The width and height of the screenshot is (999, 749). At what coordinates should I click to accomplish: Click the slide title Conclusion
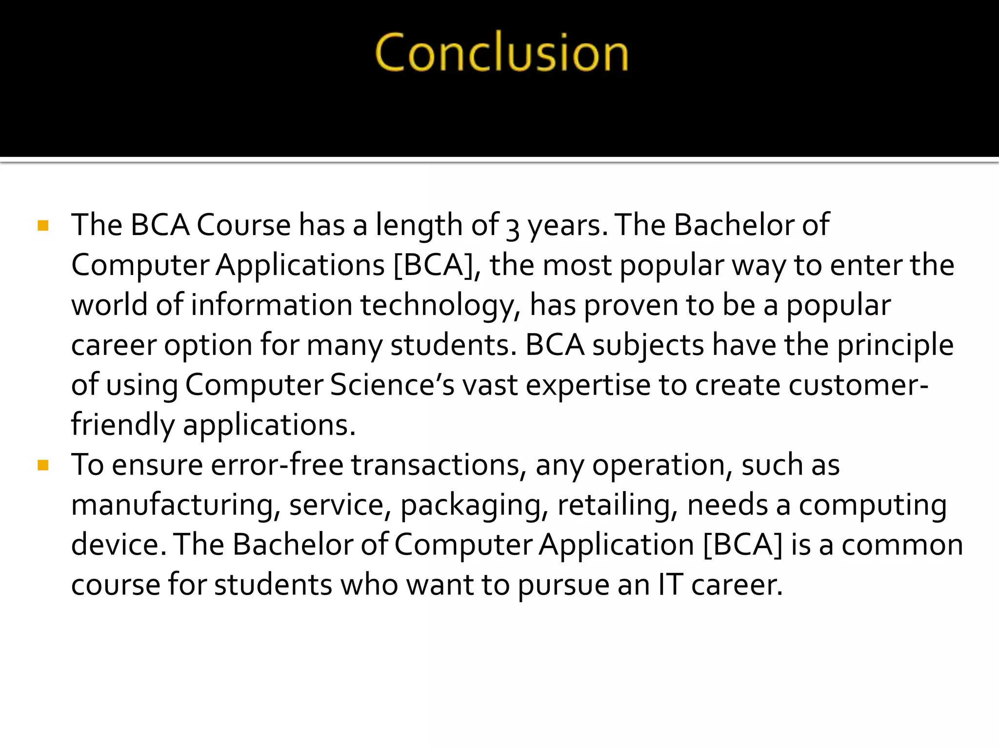click(501, 53)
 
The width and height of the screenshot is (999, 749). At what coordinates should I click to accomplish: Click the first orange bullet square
click(43, 226)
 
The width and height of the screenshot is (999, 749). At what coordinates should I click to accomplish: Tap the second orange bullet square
click(43, 465)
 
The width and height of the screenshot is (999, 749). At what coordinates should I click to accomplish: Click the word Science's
click(392, 385)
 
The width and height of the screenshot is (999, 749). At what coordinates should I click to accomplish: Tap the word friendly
click(122, 425)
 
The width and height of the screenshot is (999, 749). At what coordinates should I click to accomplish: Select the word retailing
click(617, 506)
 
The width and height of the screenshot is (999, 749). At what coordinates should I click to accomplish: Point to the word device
click(115, 545)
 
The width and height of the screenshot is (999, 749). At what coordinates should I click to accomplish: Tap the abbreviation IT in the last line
click(670, 585)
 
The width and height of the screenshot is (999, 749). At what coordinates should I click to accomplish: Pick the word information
click(271, 306)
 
